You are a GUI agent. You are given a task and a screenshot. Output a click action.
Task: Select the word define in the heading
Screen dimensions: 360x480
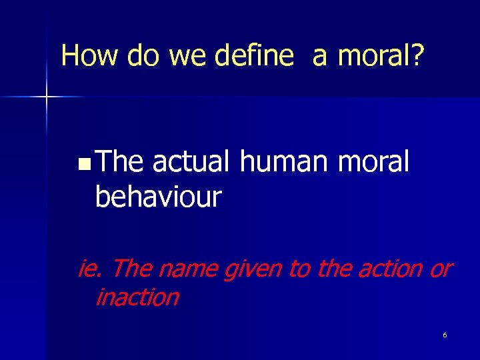[x=254, y=55]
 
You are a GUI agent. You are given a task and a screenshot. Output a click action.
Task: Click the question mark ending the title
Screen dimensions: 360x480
[x=417, y=55]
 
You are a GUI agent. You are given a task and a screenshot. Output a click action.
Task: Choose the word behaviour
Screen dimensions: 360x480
[x=158, y=197]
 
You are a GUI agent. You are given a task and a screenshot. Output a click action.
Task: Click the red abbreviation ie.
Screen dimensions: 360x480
[x=90, y=269]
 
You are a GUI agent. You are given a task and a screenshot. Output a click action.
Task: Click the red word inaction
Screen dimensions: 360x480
[x=137, y=297]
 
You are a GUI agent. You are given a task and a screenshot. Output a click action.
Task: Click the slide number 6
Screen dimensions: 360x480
[x=445, y=335]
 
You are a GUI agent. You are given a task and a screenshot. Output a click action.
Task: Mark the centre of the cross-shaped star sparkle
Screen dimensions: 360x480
[x=47, y=97]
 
